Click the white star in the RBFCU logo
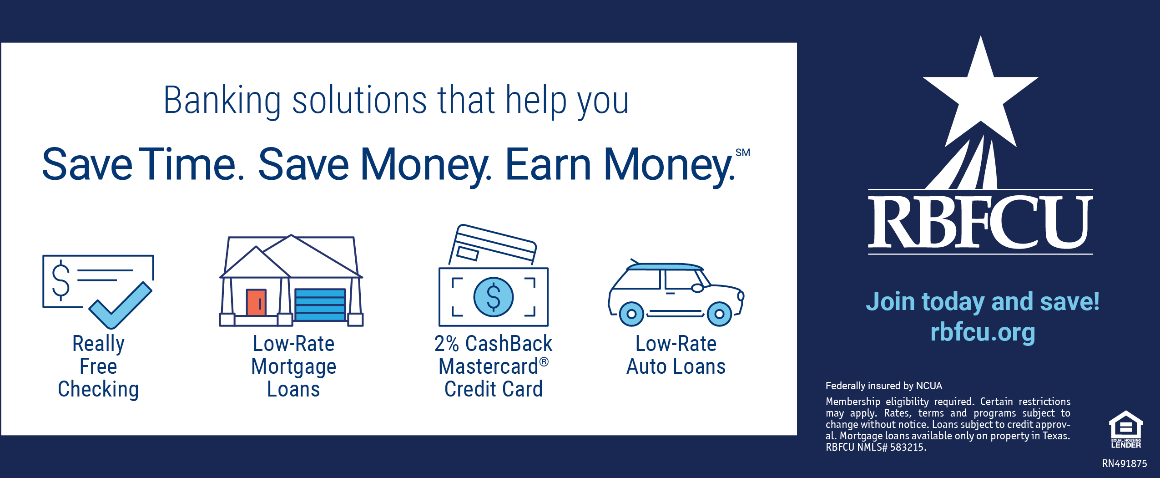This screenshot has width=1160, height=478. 981,98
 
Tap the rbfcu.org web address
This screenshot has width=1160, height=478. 983,332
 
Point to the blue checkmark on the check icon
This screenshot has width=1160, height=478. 120,305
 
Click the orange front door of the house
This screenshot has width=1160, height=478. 256,302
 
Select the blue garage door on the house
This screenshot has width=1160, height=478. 320,305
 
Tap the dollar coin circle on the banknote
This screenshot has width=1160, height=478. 494,297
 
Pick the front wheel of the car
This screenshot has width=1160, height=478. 719,314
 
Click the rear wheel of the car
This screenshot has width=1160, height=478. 631,314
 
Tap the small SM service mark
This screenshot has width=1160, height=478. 743,153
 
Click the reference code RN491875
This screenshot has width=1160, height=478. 1125,463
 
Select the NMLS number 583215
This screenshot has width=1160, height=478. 907,447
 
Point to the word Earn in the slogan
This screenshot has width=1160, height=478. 548,164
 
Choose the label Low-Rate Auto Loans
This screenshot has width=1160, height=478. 676,355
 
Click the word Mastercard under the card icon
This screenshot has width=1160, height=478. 489,366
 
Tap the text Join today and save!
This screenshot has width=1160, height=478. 983,302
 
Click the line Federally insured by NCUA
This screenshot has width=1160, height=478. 884,386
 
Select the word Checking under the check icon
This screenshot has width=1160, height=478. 98,390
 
